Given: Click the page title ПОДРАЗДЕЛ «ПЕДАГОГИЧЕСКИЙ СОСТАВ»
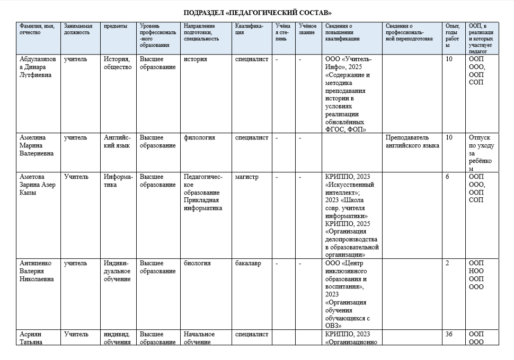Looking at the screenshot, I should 256,12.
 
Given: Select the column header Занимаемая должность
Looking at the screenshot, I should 78,29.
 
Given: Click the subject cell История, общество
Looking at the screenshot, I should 118,63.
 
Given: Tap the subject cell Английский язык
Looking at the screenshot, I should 117,142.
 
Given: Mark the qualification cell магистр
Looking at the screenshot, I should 247,177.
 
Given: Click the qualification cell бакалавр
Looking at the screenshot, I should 248,264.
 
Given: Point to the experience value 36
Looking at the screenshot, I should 449,335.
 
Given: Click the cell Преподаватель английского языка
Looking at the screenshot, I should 412,142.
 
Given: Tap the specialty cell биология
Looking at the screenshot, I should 197,264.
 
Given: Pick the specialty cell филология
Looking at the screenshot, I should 199,138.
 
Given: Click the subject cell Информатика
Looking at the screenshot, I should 117,181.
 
